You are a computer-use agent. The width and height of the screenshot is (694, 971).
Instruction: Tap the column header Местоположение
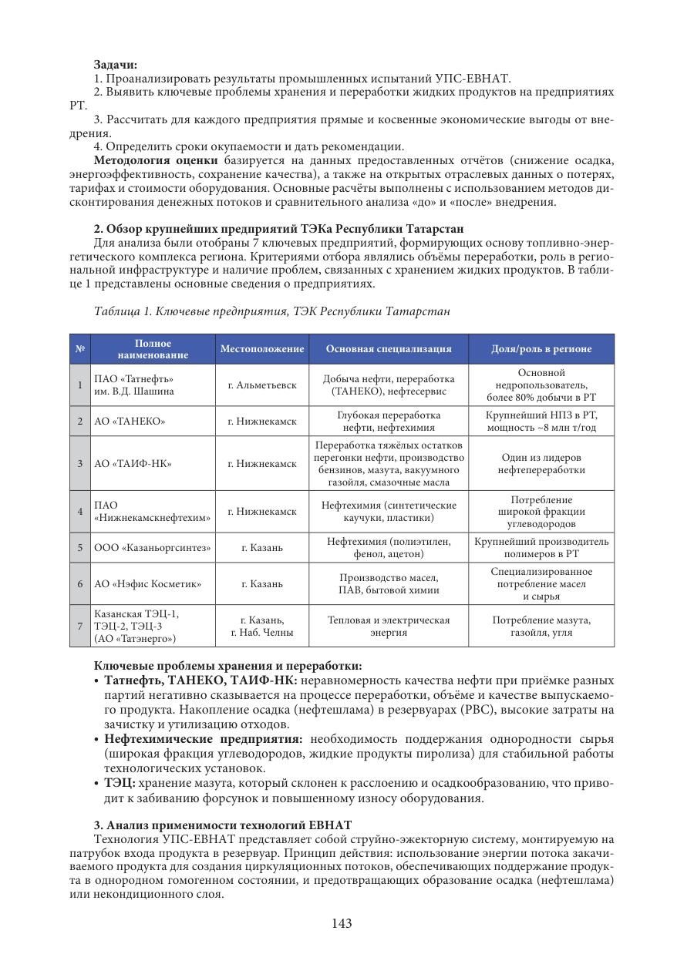point(262,349)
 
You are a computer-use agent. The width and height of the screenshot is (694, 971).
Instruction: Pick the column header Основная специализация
point(389,349)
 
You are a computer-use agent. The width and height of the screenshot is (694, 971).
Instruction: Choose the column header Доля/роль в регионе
point(541,349)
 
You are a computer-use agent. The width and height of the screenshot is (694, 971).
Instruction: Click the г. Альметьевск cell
point(262,385)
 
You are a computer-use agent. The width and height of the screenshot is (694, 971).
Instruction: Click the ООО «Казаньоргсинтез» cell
point(153,547)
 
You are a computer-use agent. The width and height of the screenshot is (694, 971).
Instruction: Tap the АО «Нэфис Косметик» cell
point(147,583)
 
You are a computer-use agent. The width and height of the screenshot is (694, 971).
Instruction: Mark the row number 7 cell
point(79,625)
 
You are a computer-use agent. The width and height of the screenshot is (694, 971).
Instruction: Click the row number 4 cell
point(79,511)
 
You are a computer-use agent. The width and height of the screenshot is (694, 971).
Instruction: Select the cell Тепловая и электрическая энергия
point(389,625)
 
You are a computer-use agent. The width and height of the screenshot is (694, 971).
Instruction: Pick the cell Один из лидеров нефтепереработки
point(541,463)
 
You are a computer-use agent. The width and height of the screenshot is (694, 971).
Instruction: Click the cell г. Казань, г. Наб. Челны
point(262,625)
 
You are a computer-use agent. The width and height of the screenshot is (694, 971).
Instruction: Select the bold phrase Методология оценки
point(157,160)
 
